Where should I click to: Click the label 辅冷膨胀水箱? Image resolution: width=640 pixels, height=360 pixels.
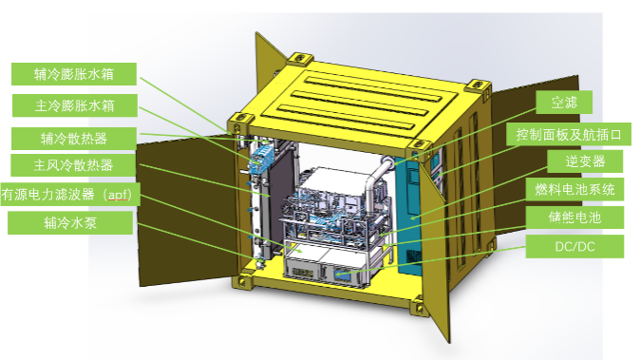(74, 74)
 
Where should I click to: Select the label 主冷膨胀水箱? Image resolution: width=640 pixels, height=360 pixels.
(75, 105)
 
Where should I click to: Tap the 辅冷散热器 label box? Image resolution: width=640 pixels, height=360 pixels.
(74, 139)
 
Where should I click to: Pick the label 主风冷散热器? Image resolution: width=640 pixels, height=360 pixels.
(73, 165)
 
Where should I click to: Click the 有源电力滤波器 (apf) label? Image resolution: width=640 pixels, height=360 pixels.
(70, 194)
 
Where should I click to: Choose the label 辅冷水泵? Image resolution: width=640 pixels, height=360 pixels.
(70, 223)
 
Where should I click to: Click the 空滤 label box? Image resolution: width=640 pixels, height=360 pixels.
(564, 102)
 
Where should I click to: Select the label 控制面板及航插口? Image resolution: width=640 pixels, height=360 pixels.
(569, 134)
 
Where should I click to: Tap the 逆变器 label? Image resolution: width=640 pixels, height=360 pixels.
(585, 161)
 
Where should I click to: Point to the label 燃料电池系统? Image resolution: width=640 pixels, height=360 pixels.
(574, 189)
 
